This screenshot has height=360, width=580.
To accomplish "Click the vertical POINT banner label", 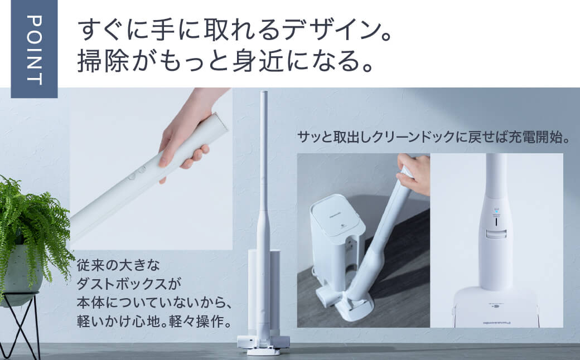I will tap(34, 49).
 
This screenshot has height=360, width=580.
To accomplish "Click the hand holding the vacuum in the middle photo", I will tap(414, 173).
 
